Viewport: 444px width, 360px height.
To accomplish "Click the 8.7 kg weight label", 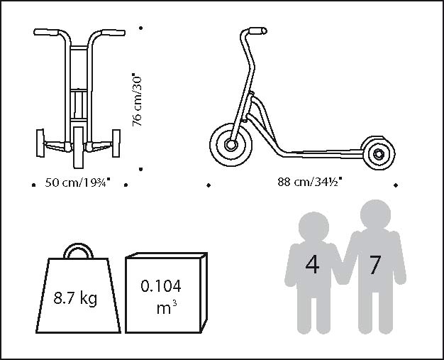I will point(75,298).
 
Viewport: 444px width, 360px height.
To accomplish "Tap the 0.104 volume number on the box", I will point(161,286).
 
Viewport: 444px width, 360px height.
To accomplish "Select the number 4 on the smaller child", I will point(312,265).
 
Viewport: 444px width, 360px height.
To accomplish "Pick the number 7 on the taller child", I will point(375,265).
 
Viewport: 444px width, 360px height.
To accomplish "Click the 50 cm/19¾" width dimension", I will point(79,182).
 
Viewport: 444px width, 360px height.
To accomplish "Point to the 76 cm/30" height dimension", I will point(138,99).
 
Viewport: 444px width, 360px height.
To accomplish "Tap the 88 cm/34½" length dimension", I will point(310,181).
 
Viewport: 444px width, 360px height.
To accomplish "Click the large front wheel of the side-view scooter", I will point(231,143).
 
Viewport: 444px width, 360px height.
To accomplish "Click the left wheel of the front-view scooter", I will point(39,143).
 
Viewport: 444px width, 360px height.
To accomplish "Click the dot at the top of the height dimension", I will point(141,28).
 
